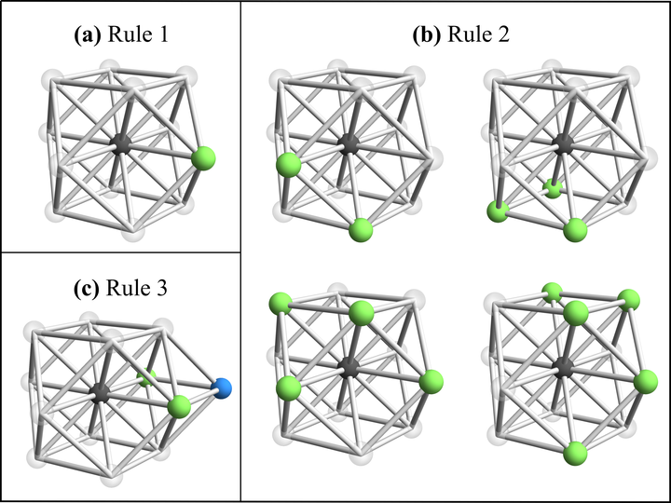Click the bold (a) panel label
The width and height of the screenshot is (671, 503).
point(89,37)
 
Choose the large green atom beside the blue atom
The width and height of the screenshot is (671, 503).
point(180,406)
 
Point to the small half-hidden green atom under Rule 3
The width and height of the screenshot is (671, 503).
point(144,378)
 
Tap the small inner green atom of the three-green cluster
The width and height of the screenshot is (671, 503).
point(553,188)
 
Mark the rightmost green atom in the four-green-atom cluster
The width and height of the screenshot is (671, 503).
point(431,381)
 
